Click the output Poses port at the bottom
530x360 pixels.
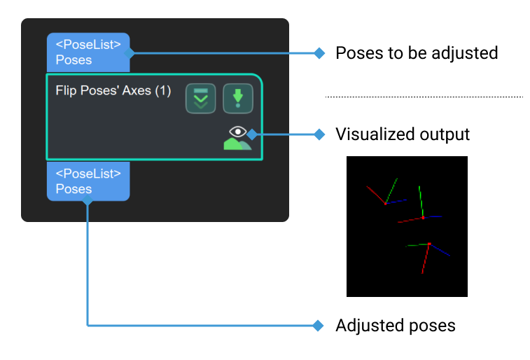click(88, 182)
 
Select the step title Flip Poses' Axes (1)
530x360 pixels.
click(113, 91)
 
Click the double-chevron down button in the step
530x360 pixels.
click(200, 99)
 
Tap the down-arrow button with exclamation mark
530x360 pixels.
click(237, 99)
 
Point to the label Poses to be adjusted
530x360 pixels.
click(417, 53)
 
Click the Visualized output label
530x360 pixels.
click(403, 134)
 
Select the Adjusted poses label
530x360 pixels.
click(396, 326)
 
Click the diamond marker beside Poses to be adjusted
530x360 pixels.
click(319, 53)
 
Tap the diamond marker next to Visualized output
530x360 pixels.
click(319, 134)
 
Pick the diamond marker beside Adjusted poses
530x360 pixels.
click(319, 326)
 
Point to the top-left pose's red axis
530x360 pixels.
click(375, 194)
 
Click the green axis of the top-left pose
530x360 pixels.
click(391, 190)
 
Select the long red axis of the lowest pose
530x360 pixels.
click(425, 259)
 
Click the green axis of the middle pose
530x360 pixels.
click(420, 202)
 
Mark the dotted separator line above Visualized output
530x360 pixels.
click(424, 97)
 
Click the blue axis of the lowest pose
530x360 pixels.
click(440, 250)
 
